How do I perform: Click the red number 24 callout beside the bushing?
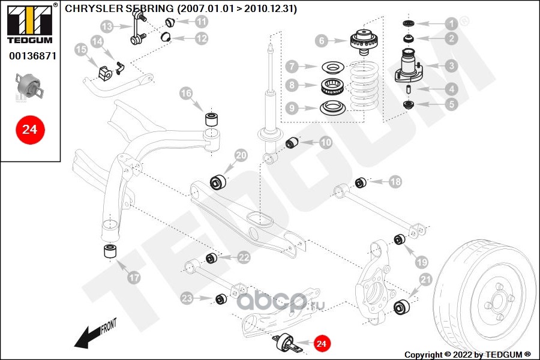tap(321, 343)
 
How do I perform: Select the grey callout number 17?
tap(134, 278)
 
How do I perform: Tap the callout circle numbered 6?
tap(322, 41)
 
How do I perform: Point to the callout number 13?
tap(107, 26)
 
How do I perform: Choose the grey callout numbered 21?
tap(425, 280)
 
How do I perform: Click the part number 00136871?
tap(33, 56)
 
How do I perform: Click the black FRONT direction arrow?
tap(88, 337)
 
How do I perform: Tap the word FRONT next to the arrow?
tap(109, 325)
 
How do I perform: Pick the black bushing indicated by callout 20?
tap(218, 182)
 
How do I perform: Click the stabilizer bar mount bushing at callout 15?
tap(106, 73)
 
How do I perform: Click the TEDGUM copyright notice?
tap(467, 355)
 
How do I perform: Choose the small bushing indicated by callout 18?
tap(361, 182)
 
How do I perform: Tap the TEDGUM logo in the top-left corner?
tap(31, 23)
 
